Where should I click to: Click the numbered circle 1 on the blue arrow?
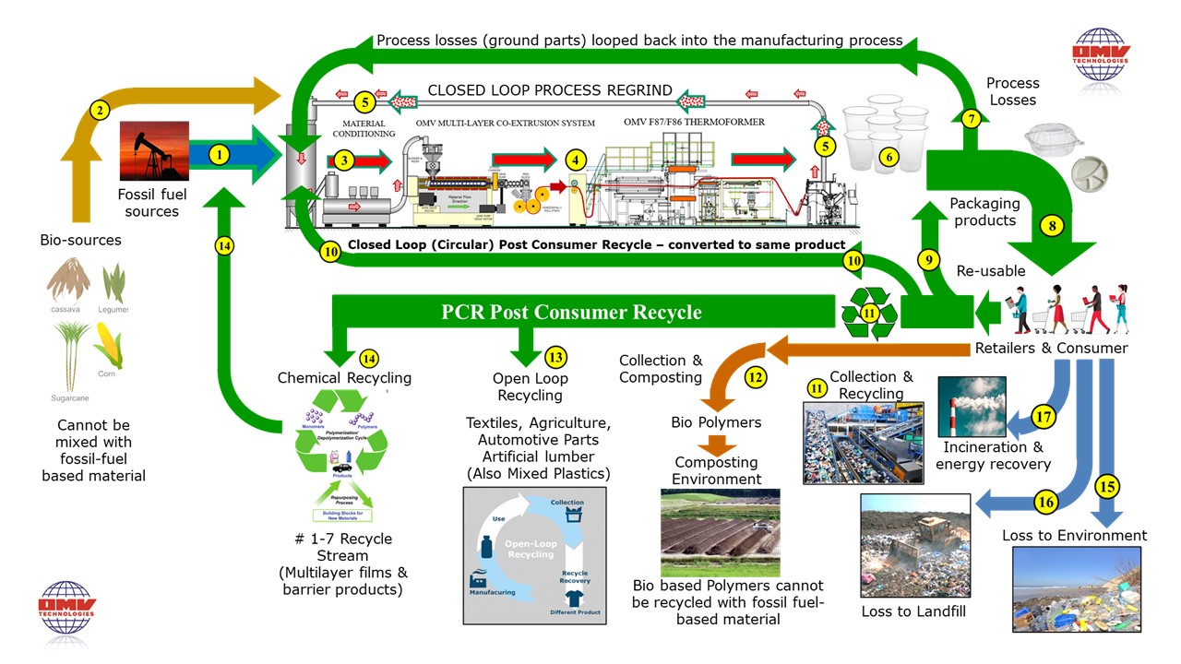218,155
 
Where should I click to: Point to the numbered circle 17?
1044,417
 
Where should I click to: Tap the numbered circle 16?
1044,502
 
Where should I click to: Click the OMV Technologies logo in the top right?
1100,55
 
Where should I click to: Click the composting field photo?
720,532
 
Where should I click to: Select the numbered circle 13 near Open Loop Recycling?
555,357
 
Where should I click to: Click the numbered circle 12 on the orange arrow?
756,375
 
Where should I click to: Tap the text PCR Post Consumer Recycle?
571,312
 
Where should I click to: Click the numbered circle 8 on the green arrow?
1050,224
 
